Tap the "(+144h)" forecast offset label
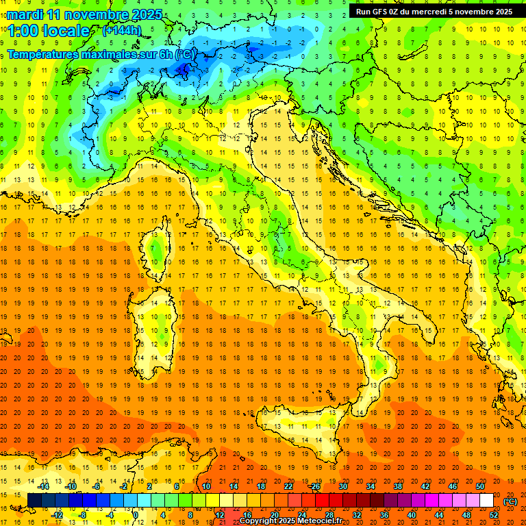pyautogui.click(x=123, y=30)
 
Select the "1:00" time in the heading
pyautogui.click(x=23, y=31)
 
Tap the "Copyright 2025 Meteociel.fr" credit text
pyautogui.click(x=296, y=521)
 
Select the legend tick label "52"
pyautogui.click(x=494, y=514)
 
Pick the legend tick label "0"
pyautogui.click(x=136, y=514)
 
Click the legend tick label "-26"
pyautogui.click(x=315, y=486)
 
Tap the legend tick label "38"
pyautogui.click(x=397, y=486)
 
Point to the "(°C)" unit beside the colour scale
pyautogui.click(x=510, y=501)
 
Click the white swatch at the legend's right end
pyautogui.click(x=486, y=501)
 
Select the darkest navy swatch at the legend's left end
pyautogui.click(x=34, y=501)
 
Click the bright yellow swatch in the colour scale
pyautogui.click(x=212, y=501)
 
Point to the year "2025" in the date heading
pyautogui.click(x=146, y=14)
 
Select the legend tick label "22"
pyautogui.click(x=288, y=486)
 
